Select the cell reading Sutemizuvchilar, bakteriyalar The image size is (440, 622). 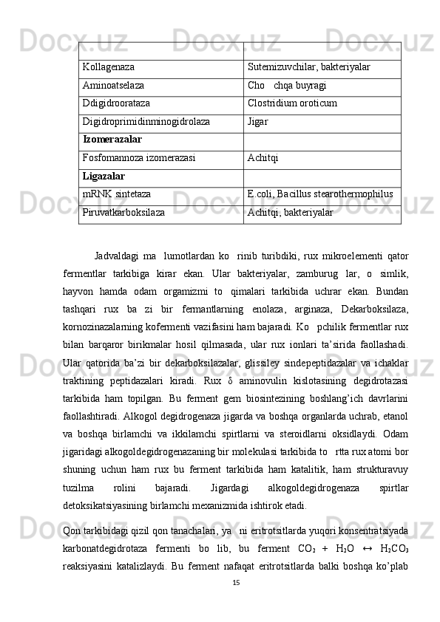[309, 67]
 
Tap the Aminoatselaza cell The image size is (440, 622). [114, 86]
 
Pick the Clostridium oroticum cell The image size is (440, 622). [293, 103]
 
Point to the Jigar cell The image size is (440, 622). [258, 121]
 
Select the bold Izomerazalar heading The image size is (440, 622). [113, 140]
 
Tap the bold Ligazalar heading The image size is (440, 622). [104, 176]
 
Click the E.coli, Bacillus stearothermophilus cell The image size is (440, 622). [320, 194]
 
